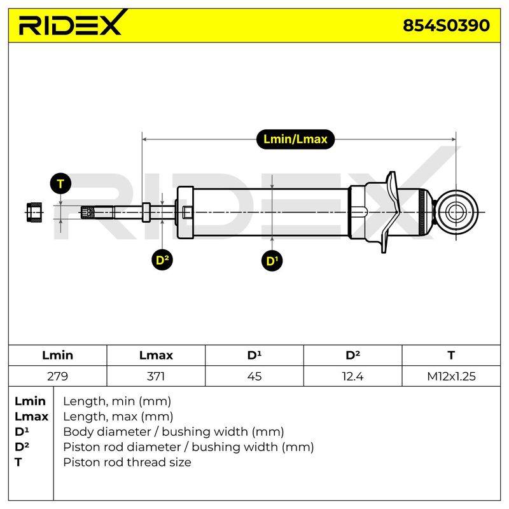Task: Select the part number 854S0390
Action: click(x=446, y=25)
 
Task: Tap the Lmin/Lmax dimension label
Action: click(x=295, y=139)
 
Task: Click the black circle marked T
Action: click(x=60, y=184)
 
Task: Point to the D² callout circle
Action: click(x=162, y=260)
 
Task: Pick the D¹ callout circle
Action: click(x=272, y=261)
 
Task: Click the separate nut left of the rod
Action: click(x=34, y=213)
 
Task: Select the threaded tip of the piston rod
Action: click(x=88, y=213)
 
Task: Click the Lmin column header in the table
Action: click(x=57, y=355)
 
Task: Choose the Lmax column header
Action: click(x=156, y=355)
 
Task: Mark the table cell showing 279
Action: click(x=57, y=376)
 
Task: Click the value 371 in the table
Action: click(x=156, y=376)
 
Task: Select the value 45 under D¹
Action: click(x=254, y=376)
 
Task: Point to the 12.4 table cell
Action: click(x=352, y=376)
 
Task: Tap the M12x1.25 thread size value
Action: click(x=451, y=376)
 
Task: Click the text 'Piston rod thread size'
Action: click(x=127, y=463)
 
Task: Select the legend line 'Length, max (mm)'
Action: click(x=118, y=417)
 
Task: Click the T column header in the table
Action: click(x=451, y=355)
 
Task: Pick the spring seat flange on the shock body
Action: click(x=391, y=213)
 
